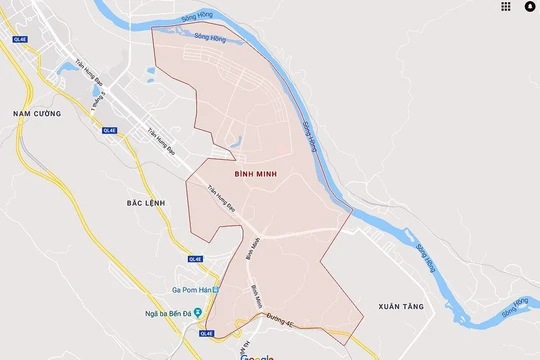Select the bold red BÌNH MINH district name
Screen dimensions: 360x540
click(257, 173)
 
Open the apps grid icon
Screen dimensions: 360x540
click(506, 6)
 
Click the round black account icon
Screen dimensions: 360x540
click(529, 6)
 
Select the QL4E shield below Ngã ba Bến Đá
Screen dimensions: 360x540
click(206, 333)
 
